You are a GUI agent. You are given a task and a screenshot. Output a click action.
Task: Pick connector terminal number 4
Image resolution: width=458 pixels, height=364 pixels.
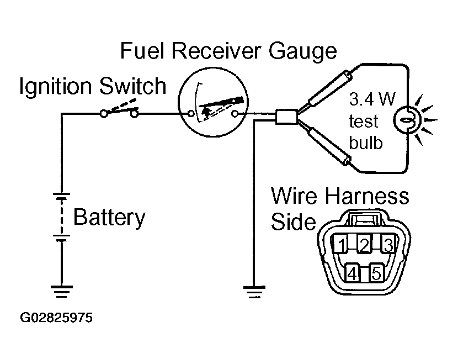pyautogui.click(x=352, y=273)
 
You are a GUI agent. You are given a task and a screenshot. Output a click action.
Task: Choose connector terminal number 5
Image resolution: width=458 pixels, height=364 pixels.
pyautogui.click(x=376, y=273)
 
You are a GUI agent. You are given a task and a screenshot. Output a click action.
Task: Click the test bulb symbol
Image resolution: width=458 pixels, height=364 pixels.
pyautogui.click(x=408, y=120)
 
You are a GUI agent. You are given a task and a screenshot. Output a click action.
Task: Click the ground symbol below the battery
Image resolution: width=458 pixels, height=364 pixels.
pyautogui.click(x=62, y=291)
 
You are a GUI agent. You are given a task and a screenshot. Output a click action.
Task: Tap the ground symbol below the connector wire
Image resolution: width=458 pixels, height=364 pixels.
pyautogui.click(x=254, y=292)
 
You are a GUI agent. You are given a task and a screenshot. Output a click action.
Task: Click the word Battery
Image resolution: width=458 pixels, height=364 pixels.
pyautogui.click(x=109, y=217)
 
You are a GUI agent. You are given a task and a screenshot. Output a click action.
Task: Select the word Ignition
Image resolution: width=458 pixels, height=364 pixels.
pyautogui.click(x=56, y=86)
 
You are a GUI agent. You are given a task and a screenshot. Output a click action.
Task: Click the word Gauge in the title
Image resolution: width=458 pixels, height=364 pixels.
pyautogui.click(x=302, y=51)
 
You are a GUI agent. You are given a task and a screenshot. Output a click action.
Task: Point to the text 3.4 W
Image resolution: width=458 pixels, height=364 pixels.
pyautogui.click(x=372, y=99)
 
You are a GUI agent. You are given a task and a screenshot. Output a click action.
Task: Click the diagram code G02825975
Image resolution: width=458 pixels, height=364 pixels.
pyautogui.click(x=56, y=318)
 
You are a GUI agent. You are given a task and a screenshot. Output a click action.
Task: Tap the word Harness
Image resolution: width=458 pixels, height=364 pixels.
pyautogui.click(x=367, y=196)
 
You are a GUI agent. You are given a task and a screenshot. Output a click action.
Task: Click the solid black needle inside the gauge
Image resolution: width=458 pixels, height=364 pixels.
pyautogui.click(x=221, y=102)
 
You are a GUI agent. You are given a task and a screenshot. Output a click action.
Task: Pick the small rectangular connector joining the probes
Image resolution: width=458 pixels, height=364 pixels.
pyautogui.click(x=286, y=117)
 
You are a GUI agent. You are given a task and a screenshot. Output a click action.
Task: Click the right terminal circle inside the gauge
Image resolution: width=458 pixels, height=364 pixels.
pyautogui.click(x=235, y=114)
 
